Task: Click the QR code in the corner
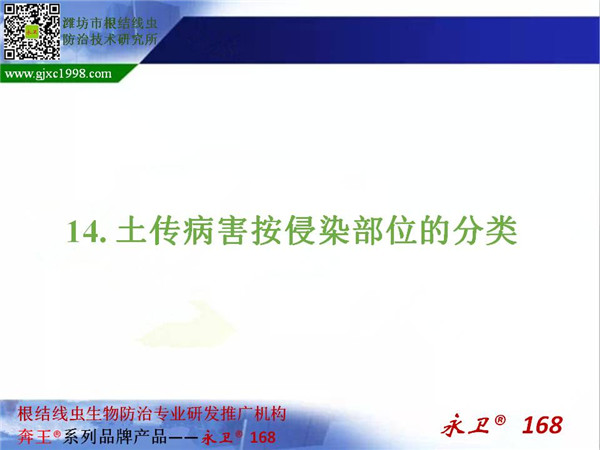coord(32,32)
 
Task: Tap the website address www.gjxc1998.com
coord(58,73)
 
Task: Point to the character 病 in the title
coord(198,230)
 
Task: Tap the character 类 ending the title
coord(501,230)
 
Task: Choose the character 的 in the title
coord(434,230)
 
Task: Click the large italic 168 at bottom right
coord(542,425)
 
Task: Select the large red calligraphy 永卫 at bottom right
coord(466,425)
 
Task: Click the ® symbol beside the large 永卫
coord(500,420)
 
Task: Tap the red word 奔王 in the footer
coord(34,437)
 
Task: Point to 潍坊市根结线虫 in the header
coord(110,23)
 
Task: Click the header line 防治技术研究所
coord(110,39)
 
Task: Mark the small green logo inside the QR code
coord(32,32)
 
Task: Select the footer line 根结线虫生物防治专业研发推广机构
coord(152,414)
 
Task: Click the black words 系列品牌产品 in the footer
coord(115,437)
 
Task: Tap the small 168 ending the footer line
coord(262,437)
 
